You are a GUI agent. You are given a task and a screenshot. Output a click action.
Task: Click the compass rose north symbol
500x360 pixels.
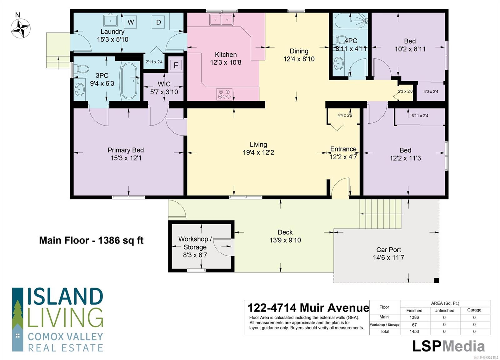click(x=21, y=28)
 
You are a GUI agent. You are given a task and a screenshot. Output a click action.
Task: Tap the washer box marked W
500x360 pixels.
click(x=131, y=22)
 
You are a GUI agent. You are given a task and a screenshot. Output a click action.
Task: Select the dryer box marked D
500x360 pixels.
click(x=158, y=22)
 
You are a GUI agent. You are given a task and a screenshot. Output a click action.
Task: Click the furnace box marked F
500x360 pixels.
click(x=176, y=65)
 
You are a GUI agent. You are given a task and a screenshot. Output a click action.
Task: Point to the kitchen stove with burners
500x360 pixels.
click(x=224, y=94)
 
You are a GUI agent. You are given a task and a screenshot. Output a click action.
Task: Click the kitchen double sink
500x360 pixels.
click(x=221, y=20)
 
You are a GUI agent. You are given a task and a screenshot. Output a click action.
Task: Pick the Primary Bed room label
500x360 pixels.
click(x=126, y=150)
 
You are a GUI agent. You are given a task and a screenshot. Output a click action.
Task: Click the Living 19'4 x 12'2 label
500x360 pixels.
click(x=258, y=149)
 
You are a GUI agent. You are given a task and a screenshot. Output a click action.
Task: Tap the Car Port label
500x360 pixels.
click(x=389, y=249)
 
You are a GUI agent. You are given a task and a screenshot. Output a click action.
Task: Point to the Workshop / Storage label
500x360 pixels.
click(x=195, y=243)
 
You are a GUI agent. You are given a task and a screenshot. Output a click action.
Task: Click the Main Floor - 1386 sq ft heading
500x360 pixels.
click(x=91, y=240)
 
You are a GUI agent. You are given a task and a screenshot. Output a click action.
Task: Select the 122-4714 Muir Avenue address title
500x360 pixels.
click(x=308, y=308)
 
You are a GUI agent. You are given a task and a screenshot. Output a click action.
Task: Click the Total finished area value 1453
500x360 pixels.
click(x=414, y=332)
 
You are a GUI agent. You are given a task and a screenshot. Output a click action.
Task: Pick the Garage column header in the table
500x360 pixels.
click(x=474, y=310)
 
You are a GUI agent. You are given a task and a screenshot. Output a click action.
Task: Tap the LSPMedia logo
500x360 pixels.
click(x=448, y=346)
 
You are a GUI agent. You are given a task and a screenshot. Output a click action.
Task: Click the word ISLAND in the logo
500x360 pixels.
click(x=65, y=296)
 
